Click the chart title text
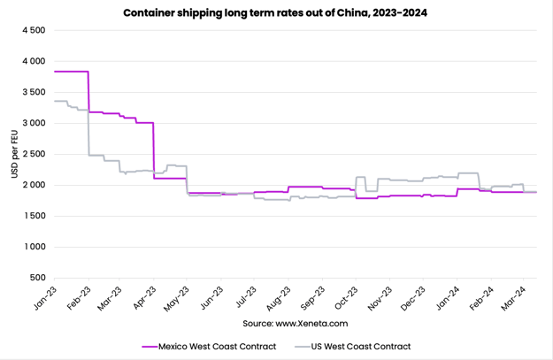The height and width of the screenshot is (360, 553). click(x=276, y=13)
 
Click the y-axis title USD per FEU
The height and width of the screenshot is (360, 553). click(x=15, y=154)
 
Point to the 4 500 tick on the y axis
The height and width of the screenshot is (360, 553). click(x=33, y=30)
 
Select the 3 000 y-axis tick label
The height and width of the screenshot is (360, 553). click(x=33, y=123)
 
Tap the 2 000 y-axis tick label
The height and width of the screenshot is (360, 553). click(x=33, y=185)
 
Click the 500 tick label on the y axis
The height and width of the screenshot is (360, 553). click(x=38, y=278)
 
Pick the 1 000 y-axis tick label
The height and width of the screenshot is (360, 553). click(x=33, y=247)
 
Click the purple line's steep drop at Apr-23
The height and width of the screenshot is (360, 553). click(x=154, y=150)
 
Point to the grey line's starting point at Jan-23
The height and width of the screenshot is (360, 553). click(x=55, y=101)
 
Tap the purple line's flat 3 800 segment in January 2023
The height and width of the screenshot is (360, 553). click(x=71, y=71)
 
